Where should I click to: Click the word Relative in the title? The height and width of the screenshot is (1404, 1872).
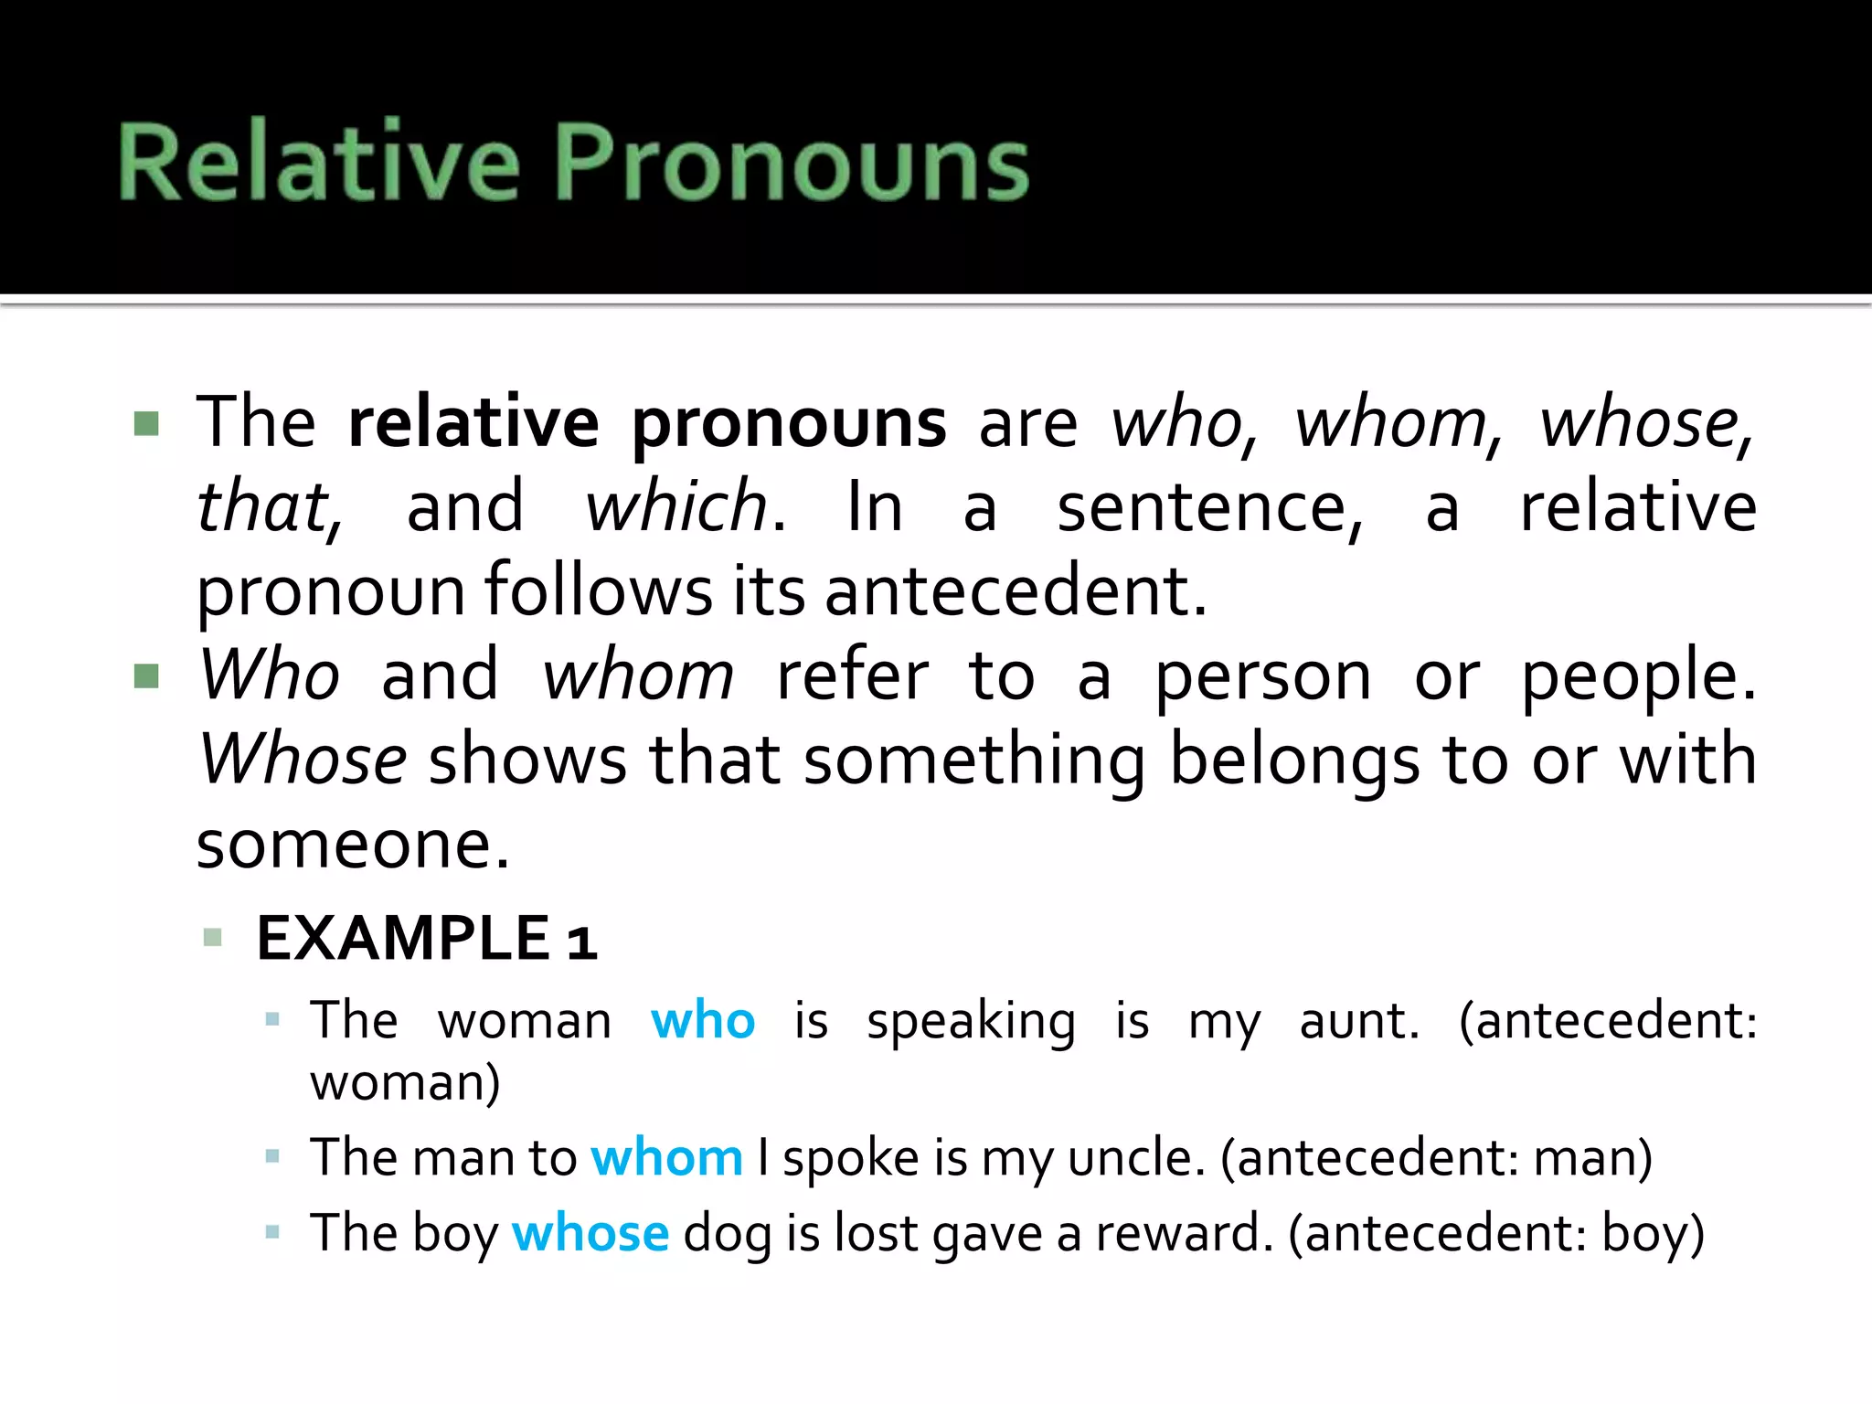(x=319, y=162)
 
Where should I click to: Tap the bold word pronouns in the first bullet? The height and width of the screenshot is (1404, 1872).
(x=789, y=424)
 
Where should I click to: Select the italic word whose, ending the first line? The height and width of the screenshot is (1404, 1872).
(x=1645, y=424)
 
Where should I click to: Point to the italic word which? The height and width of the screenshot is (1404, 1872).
(x=677, y=507)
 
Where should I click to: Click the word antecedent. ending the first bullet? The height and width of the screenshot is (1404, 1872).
(x=1016, y=590)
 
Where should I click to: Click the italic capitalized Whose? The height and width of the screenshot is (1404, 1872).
(x=303, y=759)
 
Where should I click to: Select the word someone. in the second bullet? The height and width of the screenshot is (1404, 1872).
(x=353, y=844)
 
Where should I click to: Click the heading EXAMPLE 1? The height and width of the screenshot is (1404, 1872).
(x=427, y=939)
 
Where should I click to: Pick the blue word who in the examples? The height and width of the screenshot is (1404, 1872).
(x=702, y=1020)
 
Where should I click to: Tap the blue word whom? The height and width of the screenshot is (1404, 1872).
(x=666, y=1158)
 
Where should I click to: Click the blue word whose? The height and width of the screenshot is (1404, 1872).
(x=590, y=1233)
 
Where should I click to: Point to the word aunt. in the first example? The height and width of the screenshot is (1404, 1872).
(x=1359, y=1021)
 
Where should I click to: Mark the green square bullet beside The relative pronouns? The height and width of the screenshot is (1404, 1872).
(x=146, y=423)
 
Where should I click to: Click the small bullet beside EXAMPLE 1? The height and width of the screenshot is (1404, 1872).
(x=213, y=938)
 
